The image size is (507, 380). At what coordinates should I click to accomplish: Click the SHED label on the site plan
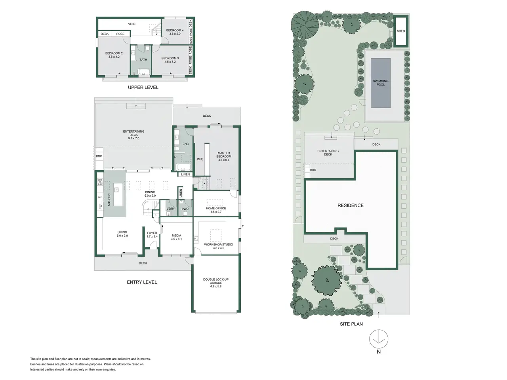coord(401,31)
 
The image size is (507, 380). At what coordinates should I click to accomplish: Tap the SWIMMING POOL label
coord(381,83)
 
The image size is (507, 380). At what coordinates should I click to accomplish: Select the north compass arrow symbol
coord(379,339)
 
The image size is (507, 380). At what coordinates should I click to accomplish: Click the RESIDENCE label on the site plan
coord(351,205)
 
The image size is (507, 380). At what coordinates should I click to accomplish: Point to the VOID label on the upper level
coord(132,24)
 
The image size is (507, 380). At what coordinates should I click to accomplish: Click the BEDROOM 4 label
coord(175,30)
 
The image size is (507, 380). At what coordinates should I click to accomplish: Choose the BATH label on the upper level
coord(143,59)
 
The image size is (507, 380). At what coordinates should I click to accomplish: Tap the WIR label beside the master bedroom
coord(200,160)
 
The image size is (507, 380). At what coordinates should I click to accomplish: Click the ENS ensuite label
coord(185,144)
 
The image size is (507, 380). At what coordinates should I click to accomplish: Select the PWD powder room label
coord(185,209)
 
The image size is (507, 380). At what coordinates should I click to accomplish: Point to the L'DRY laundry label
coord(171,209)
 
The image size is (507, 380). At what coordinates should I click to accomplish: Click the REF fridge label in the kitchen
coord(99,198)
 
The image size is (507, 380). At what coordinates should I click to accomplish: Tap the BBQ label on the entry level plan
coord(99,156)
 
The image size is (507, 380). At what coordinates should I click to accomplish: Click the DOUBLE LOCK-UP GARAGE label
coord(216,281)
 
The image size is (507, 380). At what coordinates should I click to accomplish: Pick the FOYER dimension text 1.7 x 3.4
coord(152,236)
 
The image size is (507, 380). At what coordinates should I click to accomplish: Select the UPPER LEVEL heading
coord(143,87)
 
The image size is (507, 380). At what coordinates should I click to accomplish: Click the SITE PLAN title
coord(351,324)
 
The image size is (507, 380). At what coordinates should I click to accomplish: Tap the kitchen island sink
coord(116,190)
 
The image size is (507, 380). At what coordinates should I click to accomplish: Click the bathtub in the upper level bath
coord(144,72)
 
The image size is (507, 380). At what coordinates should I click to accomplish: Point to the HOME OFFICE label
coord(216,208)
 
